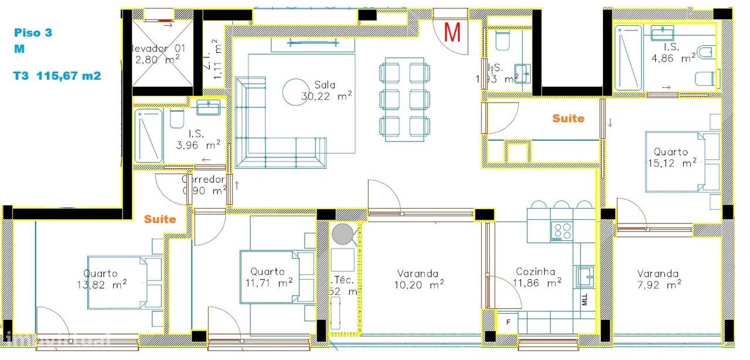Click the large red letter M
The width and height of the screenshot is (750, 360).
point(452,32)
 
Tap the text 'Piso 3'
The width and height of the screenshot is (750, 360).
point(33,33)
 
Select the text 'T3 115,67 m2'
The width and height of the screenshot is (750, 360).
point(57,76)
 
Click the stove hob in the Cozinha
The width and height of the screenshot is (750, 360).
point(562,232)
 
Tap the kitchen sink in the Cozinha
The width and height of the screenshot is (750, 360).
point(584,275)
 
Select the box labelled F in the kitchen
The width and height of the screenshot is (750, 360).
point(507,321)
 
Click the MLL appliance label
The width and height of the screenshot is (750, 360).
point(585,301)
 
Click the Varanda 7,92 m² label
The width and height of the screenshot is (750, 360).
point(659,279)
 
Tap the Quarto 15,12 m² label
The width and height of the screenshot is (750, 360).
point(671,158)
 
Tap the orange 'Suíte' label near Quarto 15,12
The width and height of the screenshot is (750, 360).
point(568,118)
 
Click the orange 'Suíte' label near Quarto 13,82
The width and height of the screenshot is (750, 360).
point(160,219)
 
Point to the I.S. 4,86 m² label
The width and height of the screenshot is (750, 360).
point(679,52)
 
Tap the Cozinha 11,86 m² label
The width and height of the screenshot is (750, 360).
point(538,277)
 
